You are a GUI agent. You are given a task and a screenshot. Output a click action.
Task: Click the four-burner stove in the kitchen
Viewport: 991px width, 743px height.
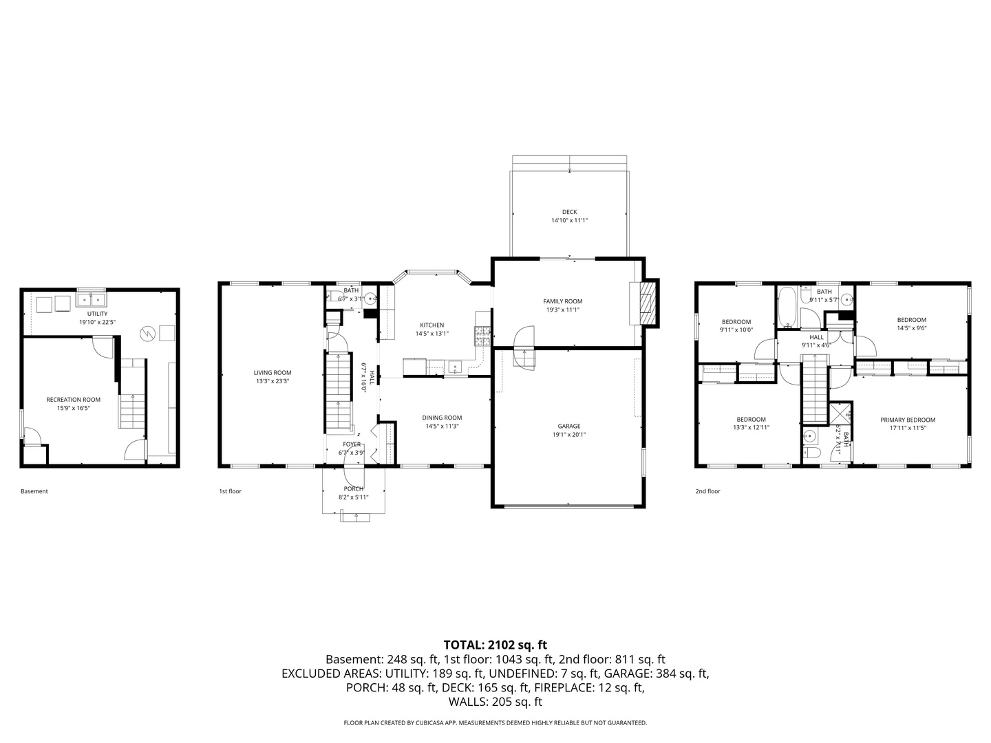(x=482, y=335)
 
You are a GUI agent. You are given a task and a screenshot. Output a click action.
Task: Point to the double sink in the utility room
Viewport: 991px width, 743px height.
(x=91, y=300)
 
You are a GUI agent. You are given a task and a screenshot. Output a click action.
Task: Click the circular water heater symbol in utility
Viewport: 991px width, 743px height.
(x=147, y=334)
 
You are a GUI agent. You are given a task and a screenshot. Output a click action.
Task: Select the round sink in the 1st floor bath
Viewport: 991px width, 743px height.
(x=370, y=299)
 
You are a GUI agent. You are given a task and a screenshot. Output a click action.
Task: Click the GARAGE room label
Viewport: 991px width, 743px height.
(x=569, y=426)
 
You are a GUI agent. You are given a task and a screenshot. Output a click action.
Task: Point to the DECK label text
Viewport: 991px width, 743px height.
(x=569, y=212)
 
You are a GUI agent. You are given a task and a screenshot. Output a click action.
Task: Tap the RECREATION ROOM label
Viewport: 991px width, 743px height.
(x=73, y=400)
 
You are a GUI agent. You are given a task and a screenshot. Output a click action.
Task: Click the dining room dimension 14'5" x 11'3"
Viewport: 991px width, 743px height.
(x=442, y=427)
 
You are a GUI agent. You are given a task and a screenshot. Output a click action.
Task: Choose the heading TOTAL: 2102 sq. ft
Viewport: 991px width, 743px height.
(x=495, y=645)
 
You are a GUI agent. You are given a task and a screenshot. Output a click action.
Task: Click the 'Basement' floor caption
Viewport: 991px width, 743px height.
(x=34, y=491)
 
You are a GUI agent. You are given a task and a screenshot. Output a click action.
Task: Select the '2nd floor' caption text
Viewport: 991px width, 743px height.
(x=707, y=491)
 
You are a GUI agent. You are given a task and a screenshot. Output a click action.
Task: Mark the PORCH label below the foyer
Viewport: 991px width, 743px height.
(x=354, y=488)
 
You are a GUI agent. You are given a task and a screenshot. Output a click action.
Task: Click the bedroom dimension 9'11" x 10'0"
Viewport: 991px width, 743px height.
(x=736, y=330)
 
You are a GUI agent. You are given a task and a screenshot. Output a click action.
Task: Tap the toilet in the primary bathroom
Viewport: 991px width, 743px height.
(x=811, y=453)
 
